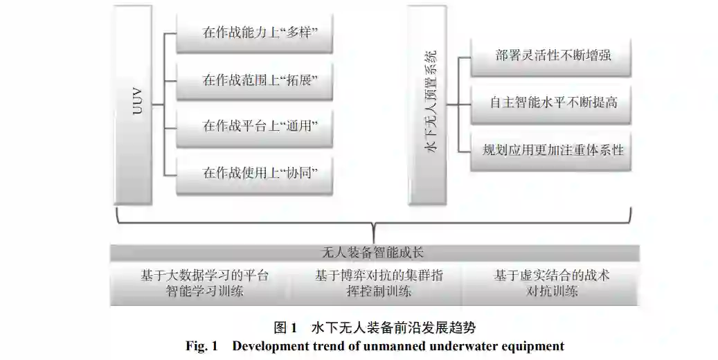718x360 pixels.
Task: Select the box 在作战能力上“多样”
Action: [255, 33]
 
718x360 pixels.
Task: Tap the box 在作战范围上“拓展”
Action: [255, 79]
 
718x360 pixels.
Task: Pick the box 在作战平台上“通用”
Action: [255, 125]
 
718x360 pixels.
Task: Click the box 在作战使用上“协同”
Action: [255, 172]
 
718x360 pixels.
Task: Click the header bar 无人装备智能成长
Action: [375, 253]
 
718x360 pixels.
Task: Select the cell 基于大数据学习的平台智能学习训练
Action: [204, 283]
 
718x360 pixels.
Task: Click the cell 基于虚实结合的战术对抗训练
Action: [551, 283]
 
